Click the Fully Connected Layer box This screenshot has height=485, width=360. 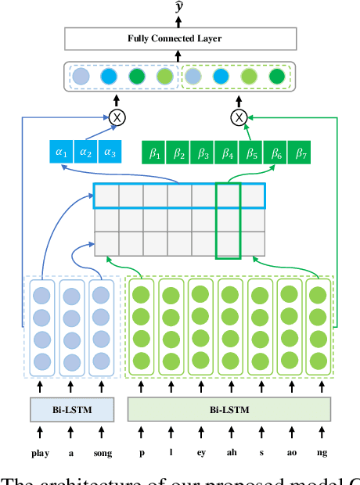point(180,38)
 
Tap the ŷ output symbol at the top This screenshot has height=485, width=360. point(180,8)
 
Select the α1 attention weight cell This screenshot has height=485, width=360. point(60,152)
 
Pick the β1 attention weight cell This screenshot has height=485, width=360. point(153,152)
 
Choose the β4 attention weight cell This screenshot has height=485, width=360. point(227,152)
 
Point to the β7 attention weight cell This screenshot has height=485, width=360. point(300,152)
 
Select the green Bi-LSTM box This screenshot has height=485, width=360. point(229,410)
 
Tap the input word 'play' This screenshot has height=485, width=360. point(40,452)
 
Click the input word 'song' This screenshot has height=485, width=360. point(103,452)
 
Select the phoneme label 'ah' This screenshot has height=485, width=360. point(229,452)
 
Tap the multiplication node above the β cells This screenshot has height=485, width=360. point(238,117)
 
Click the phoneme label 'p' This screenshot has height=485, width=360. point(141,452)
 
